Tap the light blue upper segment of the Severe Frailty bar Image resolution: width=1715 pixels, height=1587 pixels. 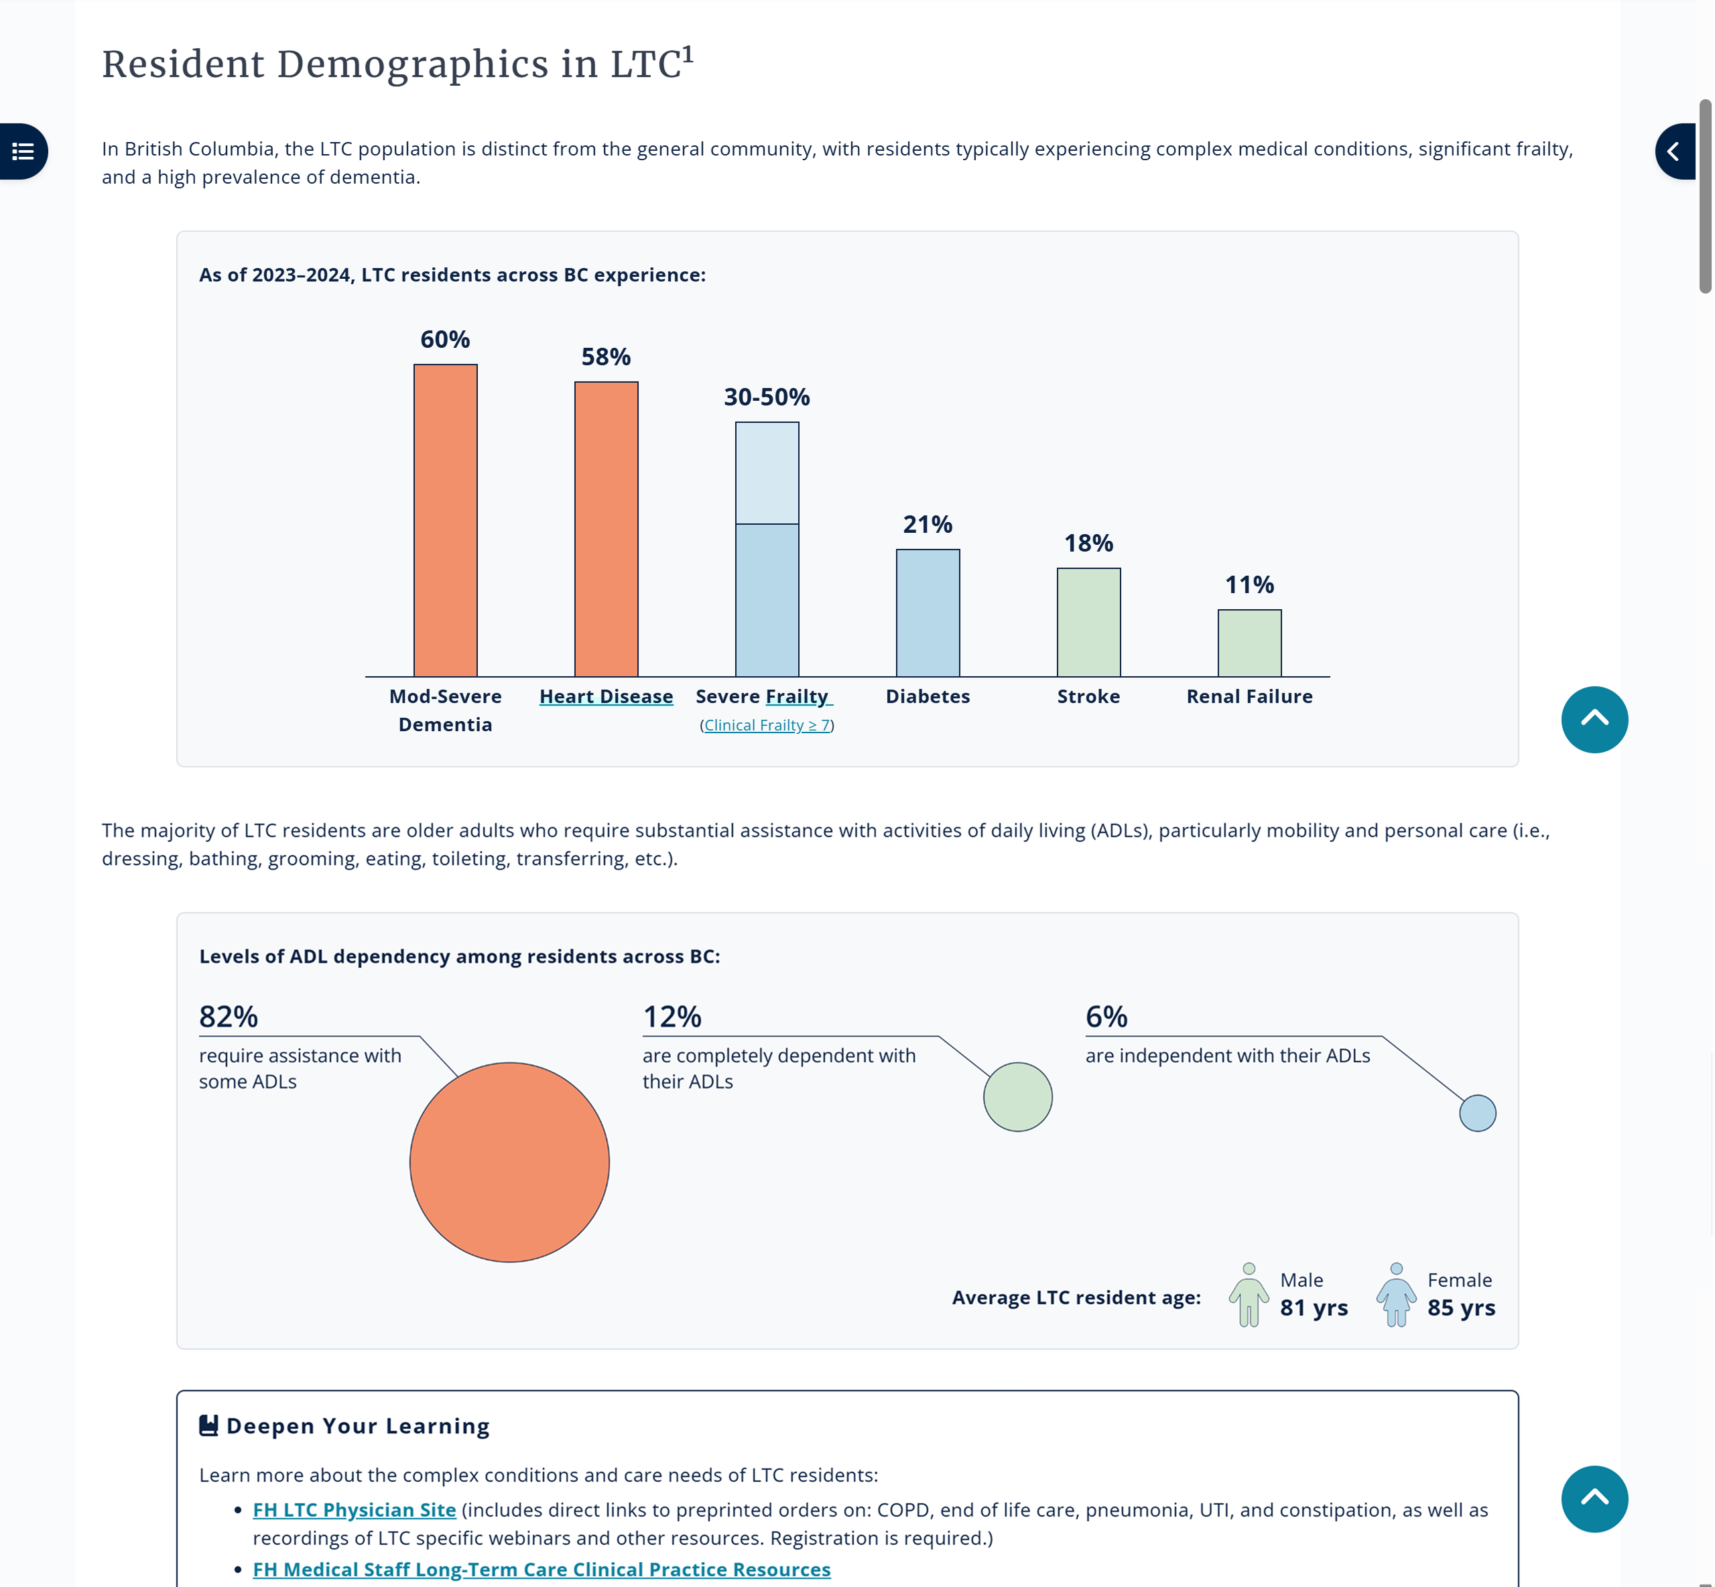[x=766, y=472]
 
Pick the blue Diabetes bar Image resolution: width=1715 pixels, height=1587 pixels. [x=928, y=613]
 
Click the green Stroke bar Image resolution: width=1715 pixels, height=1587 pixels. [x=1088, y=622]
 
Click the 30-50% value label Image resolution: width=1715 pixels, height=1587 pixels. [x=766, y=397]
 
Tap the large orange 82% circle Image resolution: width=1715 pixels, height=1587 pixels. [x=509, y=1162]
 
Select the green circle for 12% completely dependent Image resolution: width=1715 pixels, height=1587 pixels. [x=1017, y=1096]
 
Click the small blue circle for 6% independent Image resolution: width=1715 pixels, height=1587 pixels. [x=1477, y=1113]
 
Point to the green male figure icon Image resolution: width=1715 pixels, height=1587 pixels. [x=1248, y=1295]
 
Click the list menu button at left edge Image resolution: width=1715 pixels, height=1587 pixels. [x=23, y=152]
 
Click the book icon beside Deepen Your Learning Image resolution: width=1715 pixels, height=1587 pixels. [x=208, y=1425]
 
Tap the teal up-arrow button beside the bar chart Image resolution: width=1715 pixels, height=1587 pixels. [x=1593, y=720]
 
